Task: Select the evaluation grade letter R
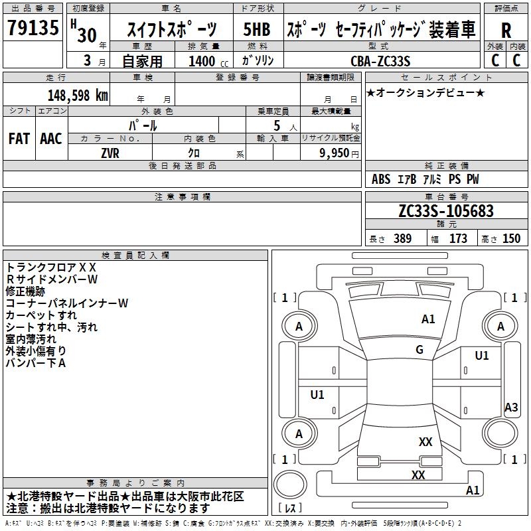click(x=506, y=31)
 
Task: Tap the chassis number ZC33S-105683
click(x=446, y=211)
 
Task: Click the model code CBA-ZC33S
click(x=380, y=61)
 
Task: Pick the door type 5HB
click(x=256, y=30)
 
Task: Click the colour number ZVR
click(x=110, y=151)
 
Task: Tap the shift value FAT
click(x=19, y=139)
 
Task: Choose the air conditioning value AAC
click(x=51, y=139)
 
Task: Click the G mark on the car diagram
click(x=419, y=350)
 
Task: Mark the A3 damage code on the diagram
click(x=511, y=408)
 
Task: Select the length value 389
click(x=400, y=238)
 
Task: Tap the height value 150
click(x=512, y=238)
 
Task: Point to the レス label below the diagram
click(x=291, y=508)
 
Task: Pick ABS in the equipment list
click(x=381, y=179)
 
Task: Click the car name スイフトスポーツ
click(x=171, y=30)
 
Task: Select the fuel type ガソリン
click(x=258, y=61)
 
